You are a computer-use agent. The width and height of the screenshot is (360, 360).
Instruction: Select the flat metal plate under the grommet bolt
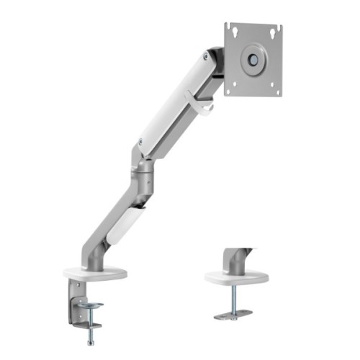(232, 315)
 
